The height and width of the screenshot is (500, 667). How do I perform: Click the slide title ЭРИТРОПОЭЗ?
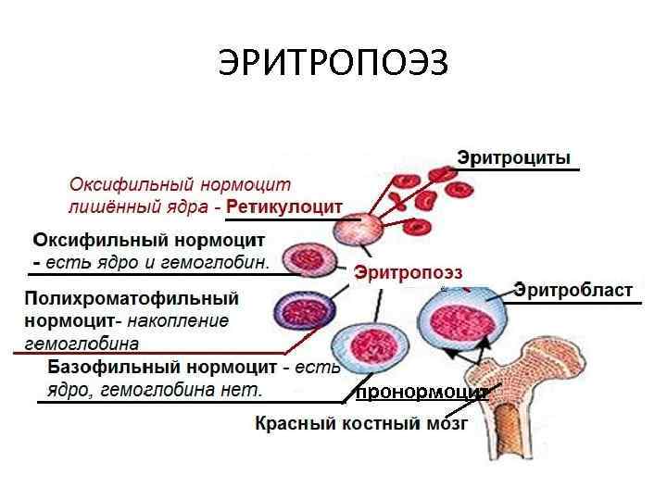[x=333, y=63]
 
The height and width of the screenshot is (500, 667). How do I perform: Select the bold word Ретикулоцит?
[x=284, y=206]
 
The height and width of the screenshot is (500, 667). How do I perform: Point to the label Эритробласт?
[x=573, y=291]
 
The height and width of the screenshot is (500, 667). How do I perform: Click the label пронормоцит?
[x=422, y=392]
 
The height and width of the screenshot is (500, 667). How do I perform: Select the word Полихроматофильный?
[x=132, y=299]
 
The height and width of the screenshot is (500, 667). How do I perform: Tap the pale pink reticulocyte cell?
[x=357, y=228]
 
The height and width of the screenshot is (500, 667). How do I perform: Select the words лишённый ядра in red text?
[x=140, y=206]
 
